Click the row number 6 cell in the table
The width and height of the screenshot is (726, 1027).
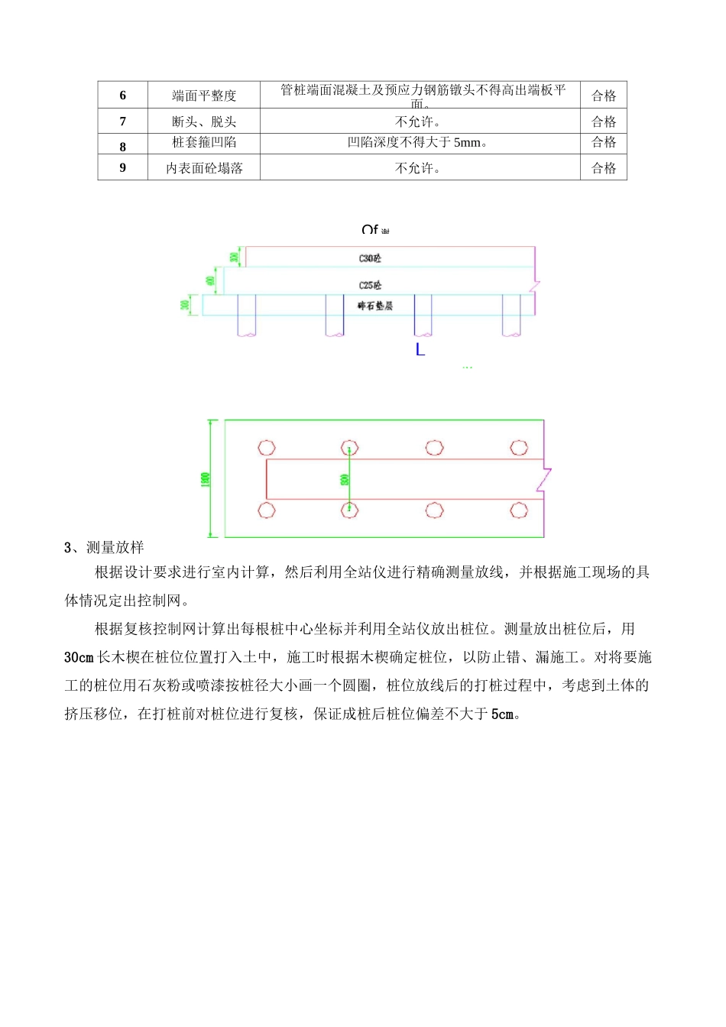122,96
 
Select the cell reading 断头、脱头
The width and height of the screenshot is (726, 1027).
204,121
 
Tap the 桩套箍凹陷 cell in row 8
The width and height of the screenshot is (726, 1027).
204,142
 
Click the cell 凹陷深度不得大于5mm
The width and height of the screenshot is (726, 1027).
419,142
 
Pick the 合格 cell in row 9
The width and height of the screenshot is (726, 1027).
603,168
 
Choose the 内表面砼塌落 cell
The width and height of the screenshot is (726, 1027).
204,168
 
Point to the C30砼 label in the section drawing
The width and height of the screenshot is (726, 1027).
370,258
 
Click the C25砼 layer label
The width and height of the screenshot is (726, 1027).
370,285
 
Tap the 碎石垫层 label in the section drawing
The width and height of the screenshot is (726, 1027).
374,306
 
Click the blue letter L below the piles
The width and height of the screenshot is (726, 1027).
420,350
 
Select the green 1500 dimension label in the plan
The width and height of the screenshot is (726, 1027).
205,479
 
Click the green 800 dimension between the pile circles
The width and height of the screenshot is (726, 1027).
345,480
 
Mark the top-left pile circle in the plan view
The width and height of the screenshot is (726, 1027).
267,448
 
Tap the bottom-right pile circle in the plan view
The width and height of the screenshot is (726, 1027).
519,510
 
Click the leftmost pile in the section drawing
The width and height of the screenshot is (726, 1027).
246,316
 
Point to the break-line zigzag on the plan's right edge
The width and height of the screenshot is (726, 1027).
545,478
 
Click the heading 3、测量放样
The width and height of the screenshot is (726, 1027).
104,547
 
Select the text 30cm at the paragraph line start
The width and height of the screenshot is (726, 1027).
79,657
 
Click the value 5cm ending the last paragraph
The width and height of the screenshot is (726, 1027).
502,714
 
